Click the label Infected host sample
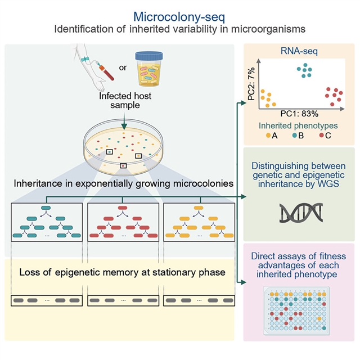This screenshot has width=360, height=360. [x=125, y=102]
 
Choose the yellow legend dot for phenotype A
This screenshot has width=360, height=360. [x=269, y=136]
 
